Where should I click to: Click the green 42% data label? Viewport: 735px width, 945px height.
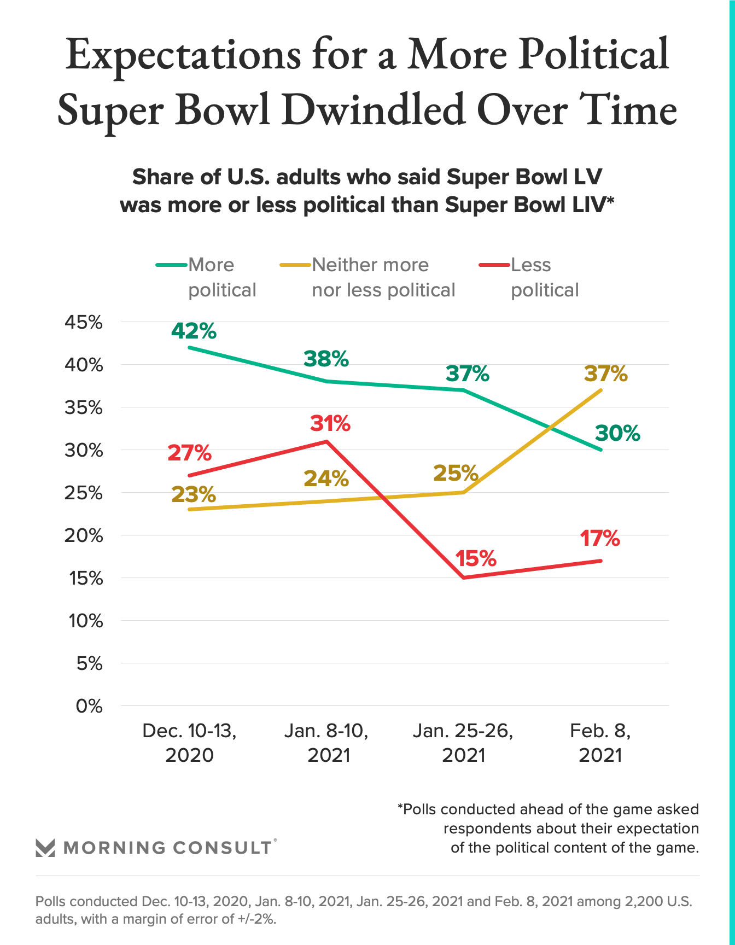pyautogui.click(x=194, y=331)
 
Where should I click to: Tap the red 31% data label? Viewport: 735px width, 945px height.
pyautogui.click(x=330, y=424)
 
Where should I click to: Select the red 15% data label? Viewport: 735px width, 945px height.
pyautogui.click(x=476, y=558)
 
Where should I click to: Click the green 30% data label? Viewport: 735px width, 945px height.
pyautogui.click(x=617, y=434)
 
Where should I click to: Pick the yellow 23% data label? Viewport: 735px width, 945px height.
pyautogui.click(x=194, y=494)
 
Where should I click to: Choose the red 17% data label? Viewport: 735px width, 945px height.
pyautogui.click(x=600, y=539)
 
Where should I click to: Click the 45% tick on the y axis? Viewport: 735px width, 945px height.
pyautogui.click(x=84, y=322)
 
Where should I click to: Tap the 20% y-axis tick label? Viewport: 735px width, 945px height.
pyautogui.click(x=84, y=535)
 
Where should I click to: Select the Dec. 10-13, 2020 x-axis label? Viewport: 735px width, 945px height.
pyautogui.click(x=189, y=743)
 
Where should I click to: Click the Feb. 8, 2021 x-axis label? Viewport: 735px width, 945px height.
pyautogui.click(x=600, y=743)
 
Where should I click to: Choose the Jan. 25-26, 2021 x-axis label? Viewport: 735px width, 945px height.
pyautogui.click(x=463, y=743)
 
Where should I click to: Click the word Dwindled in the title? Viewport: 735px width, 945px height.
pyautogui.click(x=374, y=110)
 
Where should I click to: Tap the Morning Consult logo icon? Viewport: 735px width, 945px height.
pyautogui.click(x=45, y=848)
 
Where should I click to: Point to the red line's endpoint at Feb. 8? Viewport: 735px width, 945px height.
pyautogui.click(x=602, y=561)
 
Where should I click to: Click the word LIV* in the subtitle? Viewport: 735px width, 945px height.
pyautogui.click(x=592, y=205)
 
